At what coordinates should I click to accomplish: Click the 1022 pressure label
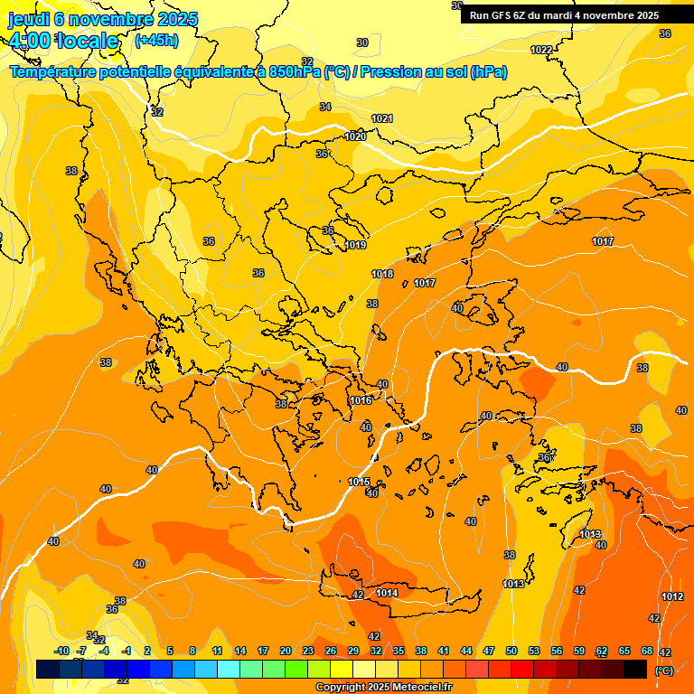(541, 50)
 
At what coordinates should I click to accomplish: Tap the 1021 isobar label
(382, 118)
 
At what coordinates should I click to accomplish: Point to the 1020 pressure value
(356, 136)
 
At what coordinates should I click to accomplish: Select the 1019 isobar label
(355, 245)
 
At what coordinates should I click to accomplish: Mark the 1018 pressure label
(382, 274)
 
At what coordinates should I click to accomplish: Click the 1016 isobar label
(361, 400)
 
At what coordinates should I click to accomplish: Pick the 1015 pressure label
(359, 482)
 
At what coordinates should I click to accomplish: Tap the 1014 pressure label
(387, 593)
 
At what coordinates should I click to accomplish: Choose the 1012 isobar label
(672, 596)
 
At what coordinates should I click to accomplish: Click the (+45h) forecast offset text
(155, 40)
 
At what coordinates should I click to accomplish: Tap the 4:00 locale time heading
(63, 41)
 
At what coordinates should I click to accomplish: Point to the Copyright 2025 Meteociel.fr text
(384, 688)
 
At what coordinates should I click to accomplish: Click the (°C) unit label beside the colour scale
(663, 671)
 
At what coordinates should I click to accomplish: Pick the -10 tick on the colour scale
(61, 652)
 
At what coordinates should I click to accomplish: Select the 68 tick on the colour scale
(647, 652)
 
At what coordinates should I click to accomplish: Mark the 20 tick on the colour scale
(286, 652)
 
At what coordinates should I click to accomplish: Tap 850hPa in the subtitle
(295, 71)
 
